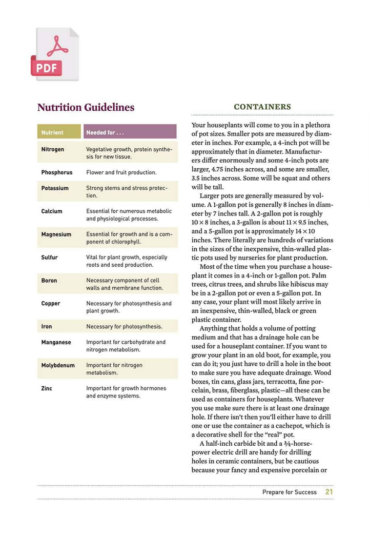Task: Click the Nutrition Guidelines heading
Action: pyautogui.click(x=86, y=108)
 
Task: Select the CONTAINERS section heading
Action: pyautogui.click(x=262, y=107)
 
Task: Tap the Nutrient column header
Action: pyautogui.click(x=52, y=132)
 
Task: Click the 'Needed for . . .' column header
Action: pyautogui.click(x=105, y=132)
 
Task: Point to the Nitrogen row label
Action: pyautogui.click(x=53, y=149)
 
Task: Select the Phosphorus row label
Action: pyautogui.click(x=57, y=172)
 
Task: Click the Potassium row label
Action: pyautogui.click(x=55, y=188)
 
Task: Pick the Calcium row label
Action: pyautogui.click(x=52, y=211)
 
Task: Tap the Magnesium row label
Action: pyautogui.click(x=56, y=234)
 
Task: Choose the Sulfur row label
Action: pyautogui.click(x=50, y=258)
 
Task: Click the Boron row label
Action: pyautogui.click(x=49, y=281)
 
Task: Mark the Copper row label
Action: pyautogui.click(x=51, y=304)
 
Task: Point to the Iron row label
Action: pyautogui.click(x=47, y=327)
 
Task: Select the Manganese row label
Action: pyautogui.click(x=56, y=342)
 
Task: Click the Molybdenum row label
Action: pyautogui.click(x=58, y=365)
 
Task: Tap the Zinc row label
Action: pyautogui.click(x=47, y=388)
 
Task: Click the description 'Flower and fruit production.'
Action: pyautogui.click(x=121, y=172)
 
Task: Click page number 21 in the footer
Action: pyautogui.click(x=329, y=492)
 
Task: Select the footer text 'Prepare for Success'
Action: pyautogui.click(x=290, y=492)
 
